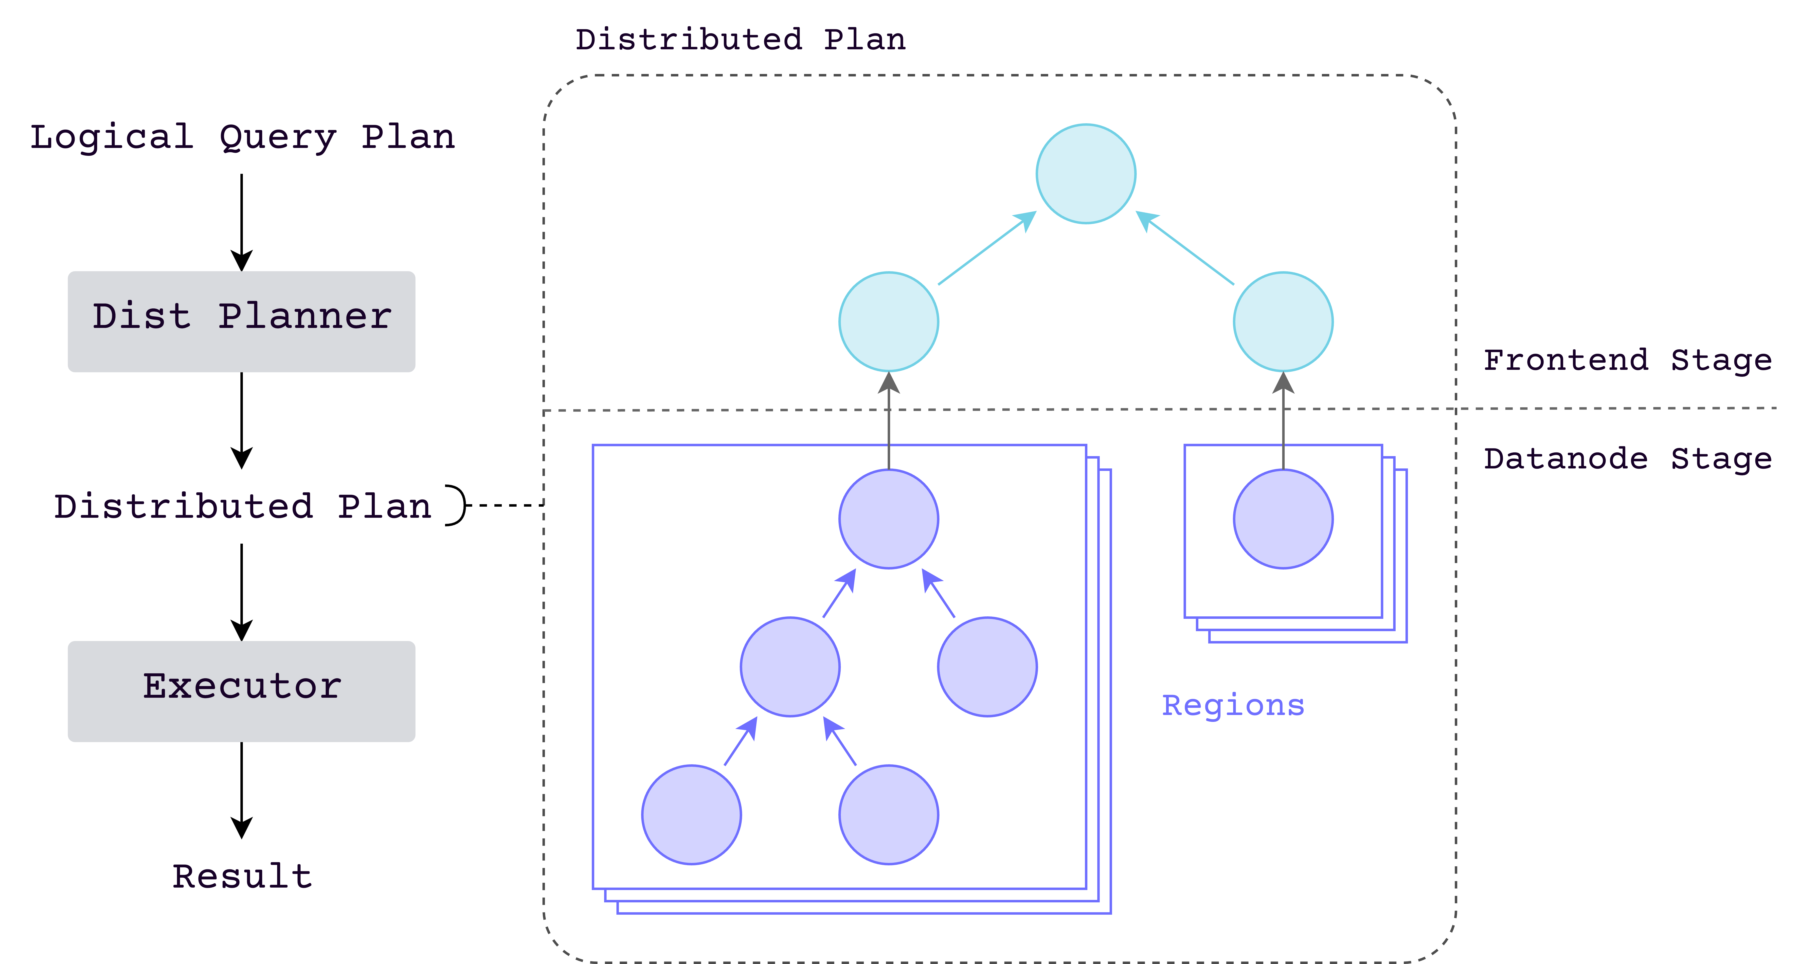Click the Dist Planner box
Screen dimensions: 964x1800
click(x=241, y=321)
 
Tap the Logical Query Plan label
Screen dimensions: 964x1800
click(x=242, y=137)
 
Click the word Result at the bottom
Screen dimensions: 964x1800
click(x=242, y=876)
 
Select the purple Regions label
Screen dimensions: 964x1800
click(x=1233, y=706)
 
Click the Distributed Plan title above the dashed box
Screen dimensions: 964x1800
click(x=740, y=40)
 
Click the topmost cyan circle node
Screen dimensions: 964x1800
click(x=1085, y=174)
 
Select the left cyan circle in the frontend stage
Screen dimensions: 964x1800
click(x=888, y=321)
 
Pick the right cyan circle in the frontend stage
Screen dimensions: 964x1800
click(x=1283, y=321)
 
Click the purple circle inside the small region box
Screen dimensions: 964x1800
click(x=1283, y=519)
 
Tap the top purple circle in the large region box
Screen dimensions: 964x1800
click(x=888, y=519)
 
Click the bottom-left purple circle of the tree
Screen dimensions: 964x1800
click(x=691, y=815)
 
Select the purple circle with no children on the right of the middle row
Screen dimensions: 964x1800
click(x=987, y=666)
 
